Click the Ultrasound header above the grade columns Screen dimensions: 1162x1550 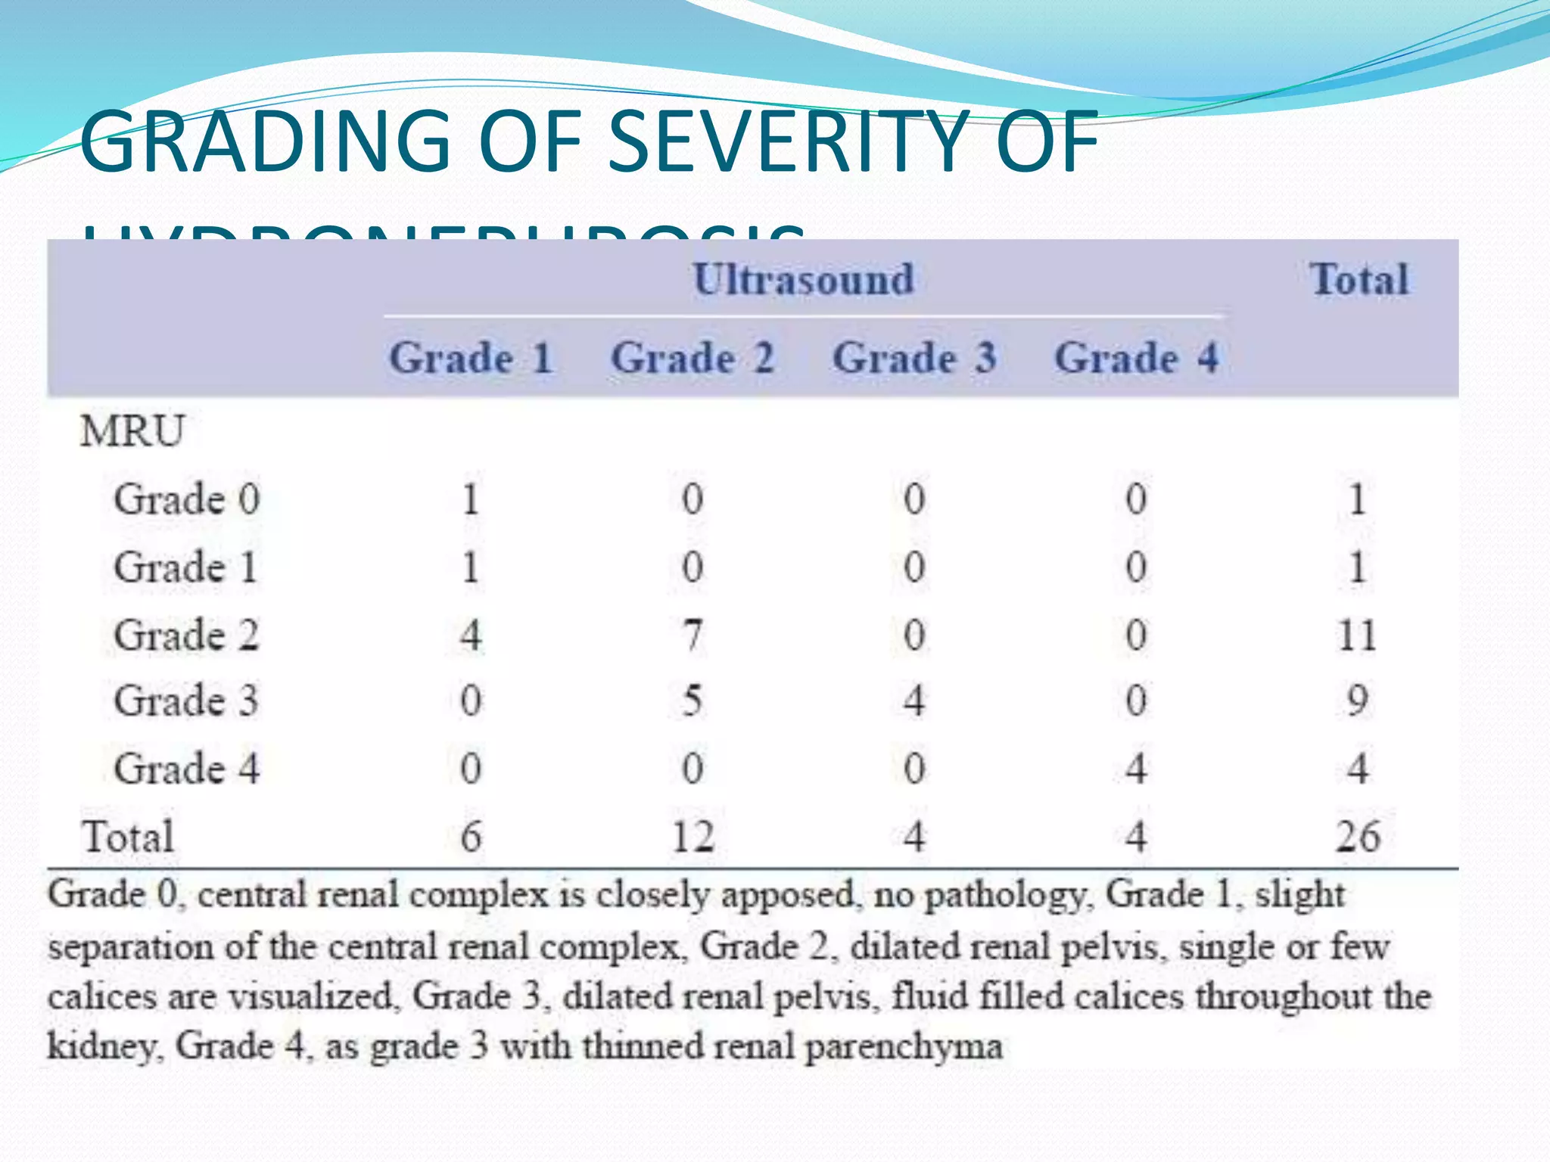click(803, 279)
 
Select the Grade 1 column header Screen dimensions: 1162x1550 click(470, 358)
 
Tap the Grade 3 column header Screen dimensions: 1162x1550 click(914, 358)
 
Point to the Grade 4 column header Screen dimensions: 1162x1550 click(1136, 358)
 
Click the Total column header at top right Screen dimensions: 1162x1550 click(1359, 279)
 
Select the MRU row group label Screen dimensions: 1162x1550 click(132, 431)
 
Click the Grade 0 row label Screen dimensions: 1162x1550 click(187, 499)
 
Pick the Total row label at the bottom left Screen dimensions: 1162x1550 click(128, 837)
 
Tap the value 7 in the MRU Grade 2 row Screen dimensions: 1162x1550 click(693, 635)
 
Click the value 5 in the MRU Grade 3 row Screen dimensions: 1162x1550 click(693, 701)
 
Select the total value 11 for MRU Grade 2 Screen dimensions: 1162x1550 click(1357, 635)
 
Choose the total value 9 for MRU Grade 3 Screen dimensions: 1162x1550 click(1357, 701)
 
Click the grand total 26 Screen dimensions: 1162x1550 click(1357, 837)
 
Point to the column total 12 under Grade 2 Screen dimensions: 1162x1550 click(693, 837)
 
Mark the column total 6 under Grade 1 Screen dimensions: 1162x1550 click(471, 837)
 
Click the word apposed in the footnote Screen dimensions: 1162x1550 click(788, 895)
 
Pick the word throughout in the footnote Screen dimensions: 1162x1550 click(1284, 996)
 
